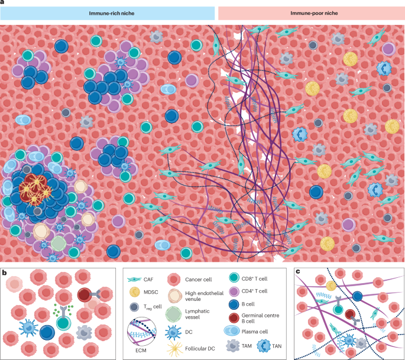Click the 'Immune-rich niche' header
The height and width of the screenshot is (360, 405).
[107, 14]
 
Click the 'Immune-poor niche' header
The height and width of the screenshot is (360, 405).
[310, 14]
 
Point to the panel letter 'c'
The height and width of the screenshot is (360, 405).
[298, 271]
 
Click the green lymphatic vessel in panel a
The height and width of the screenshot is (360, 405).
[59, 244]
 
